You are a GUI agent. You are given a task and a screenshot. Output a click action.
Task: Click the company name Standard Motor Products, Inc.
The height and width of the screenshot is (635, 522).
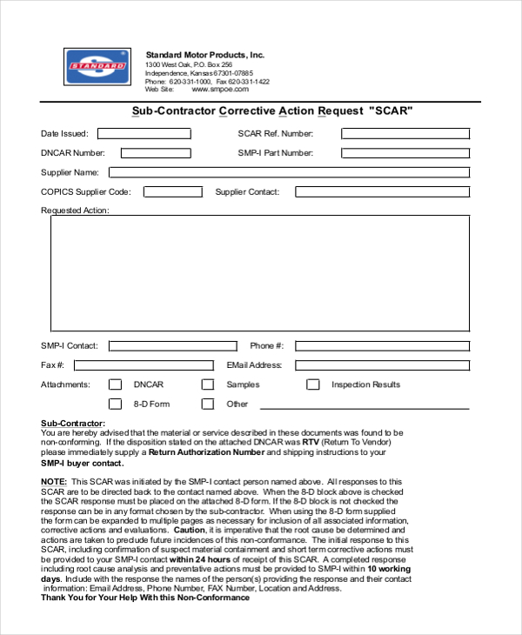[204, 55]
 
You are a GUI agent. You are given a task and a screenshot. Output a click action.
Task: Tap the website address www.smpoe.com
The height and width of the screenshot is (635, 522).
[220, 90]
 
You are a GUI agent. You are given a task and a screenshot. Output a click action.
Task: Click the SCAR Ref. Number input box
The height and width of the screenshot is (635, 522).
[405, 134]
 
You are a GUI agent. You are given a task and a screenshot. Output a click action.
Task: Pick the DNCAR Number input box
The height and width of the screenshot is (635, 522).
[156, 153]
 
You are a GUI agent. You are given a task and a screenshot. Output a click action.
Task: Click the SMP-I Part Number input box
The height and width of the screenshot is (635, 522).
[405, 153]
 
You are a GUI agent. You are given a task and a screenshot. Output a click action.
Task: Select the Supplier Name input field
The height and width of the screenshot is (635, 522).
[289, 172]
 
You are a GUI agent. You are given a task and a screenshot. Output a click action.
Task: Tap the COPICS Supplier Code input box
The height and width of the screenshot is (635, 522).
[172, 191]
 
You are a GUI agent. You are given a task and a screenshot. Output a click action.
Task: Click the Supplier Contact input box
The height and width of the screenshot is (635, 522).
[382, 191]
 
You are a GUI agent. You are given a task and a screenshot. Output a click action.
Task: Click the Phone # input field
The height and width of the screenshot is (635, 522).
[382, 345]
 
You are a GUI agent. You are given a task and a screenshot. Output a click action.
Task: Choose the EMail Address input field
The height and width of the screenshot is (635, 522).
[382, 365]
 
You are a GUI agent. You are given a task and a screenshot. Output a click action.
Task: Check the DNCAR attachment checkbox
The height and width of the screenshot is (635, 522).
[115, 384]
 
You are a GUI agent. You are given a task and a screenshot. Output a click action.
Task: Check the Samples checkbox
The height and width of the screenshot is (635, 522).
[208, 384]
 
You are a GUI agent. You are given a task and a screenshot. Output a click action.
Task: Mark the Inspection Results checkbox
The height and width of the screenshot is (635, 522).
[312, 384]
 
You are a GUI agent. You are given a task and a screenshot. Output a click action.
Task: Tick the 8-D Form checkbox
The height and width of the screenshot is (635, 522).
[115, 404]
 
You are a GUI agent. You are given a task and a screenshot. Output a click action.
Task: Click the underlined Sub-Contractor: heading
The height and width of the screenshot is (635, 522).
[79, 424]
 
